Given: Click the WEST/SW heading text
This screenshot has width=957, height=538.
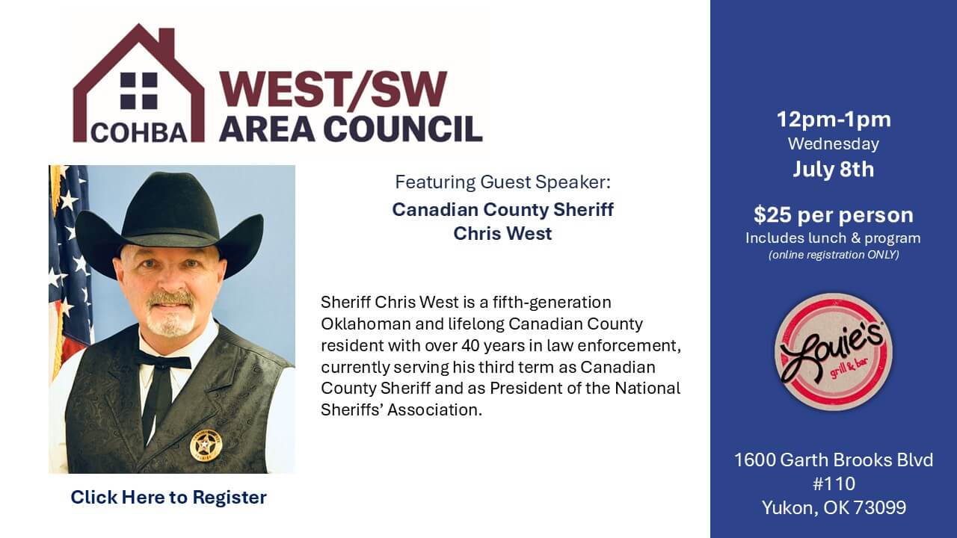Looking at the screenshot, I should click(333, 91).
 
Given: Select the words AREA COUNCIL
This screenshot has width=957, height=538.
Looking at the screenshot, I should click(350, 129).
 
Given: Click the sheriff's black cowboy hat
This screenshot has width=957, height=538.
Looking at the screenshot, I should click(169, 217).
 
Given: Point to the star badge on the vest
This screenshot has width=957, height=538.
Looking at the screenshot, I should click(206, 445).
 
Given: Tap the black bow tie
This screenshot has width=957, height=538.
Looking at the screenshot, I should click(164, 362).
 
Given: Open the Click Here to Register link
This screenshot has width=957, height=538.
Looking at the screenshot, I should click(168, 497).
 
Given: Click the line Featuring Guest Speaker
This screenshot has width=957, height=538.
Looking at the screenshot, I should click(502, 182).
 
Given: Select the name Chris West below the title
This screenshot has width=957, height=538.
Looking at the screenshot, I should click(502, 233).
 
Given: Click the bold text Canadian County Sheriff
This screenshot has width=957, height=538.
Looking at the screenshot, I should click(502, 209).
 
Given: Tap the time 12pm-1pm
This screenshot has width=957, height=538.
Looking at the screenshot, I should click(833, 120).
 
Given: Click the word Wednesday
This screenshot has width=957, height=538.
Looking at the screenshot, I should click(833, 143).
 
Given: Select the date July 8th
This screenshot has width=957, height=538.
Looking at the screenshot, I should click(833, 169).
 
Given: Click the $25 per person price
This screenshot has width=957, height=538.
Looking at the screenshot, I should click(833, 215).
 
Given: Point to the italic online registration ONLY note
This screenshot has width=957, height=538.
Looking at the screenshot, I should click(833, 255).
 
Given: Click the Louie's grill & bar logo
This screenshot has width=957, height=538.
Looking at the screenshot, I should click(833, 351).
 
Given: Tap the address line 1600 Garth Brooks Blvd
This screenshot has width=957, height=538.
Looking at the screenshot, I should click(833, 460).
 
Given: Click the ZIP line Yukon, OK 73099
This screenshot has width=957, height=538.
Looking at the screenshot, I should click(833, 508).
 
